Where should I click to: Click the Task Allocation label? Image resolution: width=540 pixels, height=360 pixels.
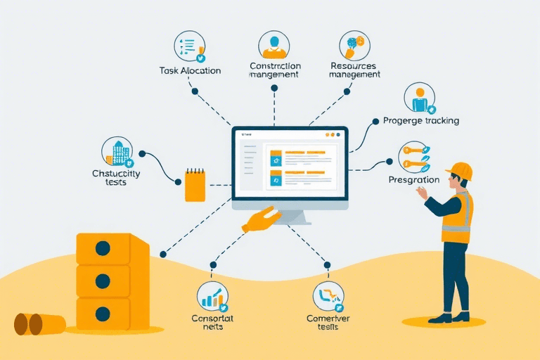point(190,70)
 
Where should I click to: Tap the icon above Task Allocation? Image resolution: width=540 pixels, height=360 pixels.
point(189,46)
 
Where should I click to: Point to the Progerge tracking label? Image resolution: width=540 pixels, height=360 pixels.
point(421,120)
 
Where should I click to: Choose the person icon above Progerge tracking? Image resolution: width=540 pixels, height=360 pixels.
point(420,98)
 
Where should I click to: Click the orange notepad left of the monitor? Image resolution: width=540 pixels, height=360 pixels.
point(195,184)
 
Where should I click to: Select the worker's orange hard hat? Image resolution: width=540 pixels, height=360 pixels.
point(461,171)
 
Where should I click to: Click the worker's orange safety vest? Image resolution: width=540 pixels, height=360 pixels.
point(458,218)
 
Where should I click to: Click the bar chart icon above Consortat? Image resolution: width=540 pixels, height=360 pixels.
point(212,297)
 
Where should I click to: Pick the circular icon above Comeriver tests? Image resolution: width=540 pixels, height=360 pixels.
point(328,296)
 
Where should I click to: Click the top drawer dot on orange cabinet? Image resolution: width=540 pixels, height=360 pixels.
point(103,248)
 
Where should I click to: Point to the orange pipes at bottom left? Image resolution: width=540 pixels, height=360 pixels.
point(39,324)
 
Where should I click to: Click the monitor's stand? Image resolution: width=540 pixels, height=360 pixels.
point(290,216)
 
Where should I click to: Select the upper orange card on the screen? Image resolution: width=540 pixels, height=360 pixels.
point(276,160)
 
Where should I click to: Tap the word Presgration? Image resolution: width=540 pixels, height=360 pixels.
point(414,180)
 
